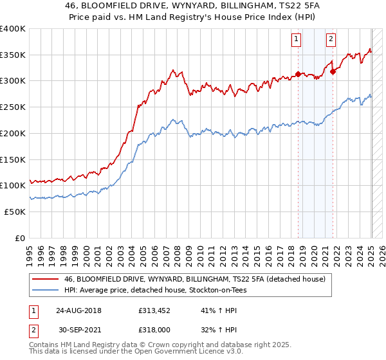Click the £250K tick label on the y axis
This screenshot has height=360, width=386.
tap(13, 107)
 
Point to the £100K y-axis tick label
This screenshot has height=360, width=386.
tap(13, 185)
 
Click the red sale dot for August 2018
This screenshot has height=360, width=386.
tap(298, 73)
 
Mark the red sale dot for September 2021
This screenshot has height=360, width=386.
tap(333, 71)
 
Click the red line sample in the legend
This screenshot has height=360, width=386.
tap(46, 279)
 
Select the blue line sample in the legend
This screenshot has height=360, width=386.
tap(46, 291)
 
